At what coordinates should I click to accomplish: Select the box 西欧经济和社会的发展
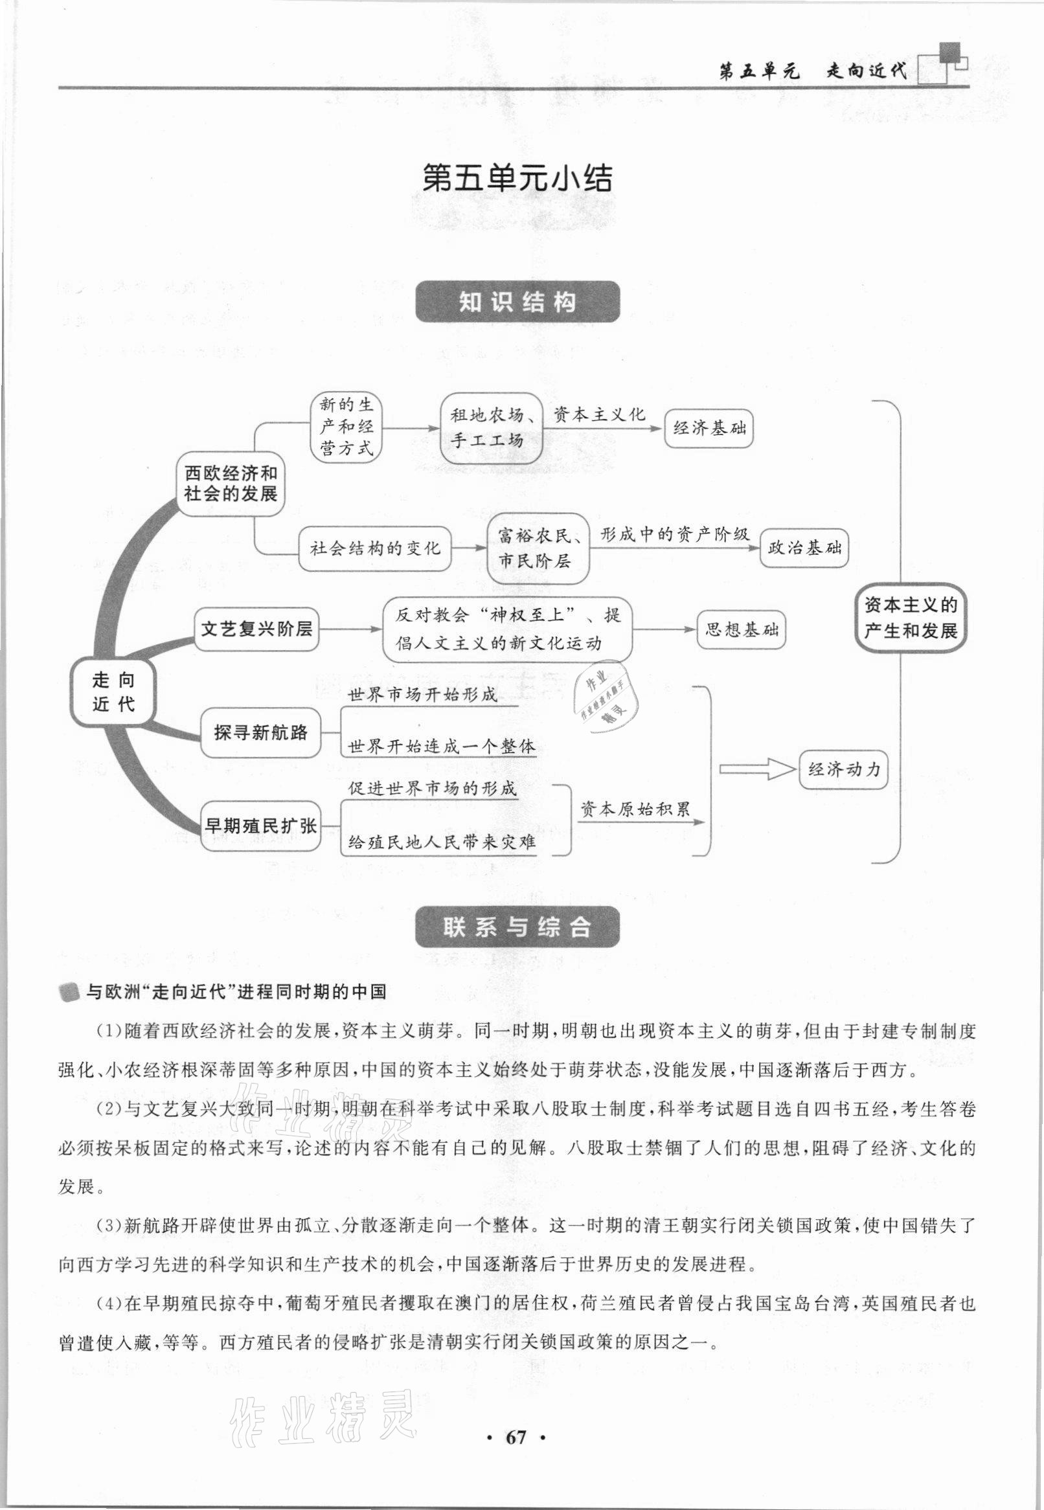pyautogui.click(x=231, y=484)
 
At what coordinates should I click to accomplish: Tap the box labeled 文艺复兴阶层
pyautogui.click(x=256, y=629)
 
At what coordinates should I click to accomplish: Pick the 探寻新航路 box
pyautogui.click(x=260, y=732)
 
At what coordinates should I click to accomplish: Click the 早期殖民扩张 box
pyautogui.click(x=260, y=826)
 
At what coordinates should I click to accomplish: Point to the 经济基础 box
pyautogui.click(x=709, y=429)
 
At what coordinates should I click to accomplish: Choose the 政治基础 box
pyautogui.click(x=804, y=548)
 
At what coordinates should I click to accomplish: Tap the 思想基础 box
pyautogui.click(x=741, y=630)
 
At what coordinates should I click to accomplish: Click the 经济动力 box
pyautogui.click(x=844, y=769)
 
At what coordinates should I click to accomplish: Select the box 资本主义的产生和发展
pyautogui.click(x=911, y=617)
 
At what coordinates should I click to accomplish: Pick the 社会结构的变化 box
pyautogui.click(x=375, y=548)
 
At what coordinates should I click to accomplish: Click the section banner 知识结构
pyautogui.click(x=517, y=302)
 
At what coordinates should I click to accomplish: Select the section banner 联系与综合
pyautogui.click(x=517, y=927)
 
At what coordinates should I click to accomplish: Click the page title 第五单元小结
pyautogui.click(x=517, y=179)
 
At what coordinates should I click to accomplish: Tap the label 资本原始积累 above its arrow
pyautogui.click(x=635, y=809)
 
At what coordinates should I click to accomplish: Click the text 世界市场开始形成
pyautogui.click(x=422, y=695)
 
